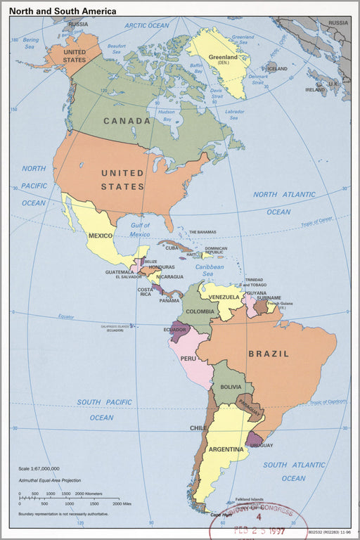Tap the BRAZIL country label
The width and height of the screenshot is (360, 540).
point(268,354)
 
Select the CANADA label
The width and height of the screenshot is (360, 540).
point(127,121)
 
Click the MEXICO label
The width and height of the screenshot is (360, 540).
point(101,235)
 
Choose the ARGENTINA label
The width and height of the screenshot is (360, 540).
point(226,449)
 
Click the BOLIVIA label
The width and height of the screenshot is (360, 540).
point(231,387)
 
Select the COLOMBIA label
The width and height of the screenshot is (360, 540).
point(200,311)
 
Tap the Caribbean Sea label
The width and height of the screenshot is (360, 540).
point(209,270)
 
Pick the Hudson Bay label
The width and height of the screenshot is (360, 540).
point(166,115)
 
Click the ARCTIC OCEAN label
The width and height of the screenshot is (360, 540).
point(147,25)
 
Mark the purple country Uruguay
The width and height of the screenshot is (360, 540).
point(254,440)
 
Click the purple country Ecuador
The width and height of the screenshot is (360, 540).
point(179,330)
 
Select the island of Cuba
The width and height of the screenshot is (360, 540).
point(175,245)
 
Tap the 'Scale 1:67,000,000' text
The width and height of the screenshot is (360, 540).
point(39,468)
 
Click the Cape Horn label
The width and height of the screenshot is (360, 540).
point(221,515)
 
